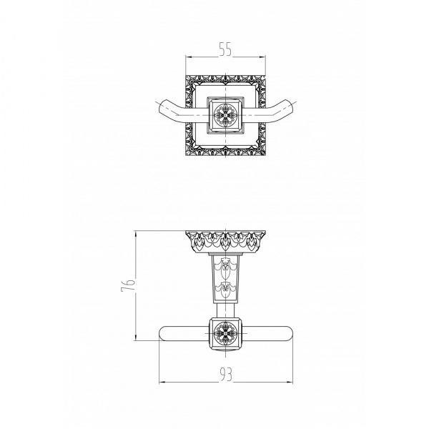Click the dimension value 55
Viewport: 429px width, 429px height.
225,49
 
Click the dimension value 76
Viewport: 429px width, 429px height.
128,285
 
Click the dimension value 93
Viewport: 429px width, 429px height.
226,374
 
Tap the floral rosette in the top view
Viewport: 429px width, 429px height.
225,115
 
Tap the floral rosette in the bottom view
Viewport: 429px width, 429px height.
225,333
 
